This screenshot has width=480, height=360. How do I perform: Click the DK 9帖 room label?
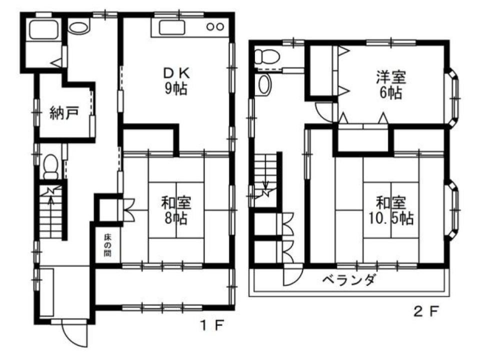tap(176, 81)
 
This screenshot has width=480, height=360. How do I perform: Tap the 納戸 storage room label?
tap(64, 112)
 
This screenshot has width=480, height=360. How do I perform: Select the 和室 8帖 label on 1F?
tap(176, 210)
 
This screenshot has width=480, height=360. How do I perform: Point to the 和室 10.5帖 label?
tap(391, 210)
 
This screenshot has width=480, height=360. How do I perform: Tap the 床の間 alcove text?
tap(107, 245)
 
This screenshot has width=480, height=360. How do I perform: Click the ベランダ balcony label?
tap(348, 279)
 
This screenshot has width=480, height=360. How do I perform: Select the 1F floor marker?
tap(212, 325)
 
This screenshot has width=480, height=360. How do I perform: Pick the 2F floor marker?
tap(425, 311)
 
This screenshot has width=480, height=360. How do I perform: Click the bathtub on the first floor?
tap(43, 29)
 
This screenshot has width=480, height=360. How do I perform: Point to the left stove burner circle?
tap(210, 27)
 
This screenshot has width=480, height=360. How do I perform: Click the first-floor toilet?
tap(51, 167)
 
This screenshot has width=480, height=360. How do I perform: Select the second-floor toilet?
tap(266, 56)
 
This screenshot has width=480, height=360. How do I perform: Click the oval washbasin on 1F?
tap(78, 27)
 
